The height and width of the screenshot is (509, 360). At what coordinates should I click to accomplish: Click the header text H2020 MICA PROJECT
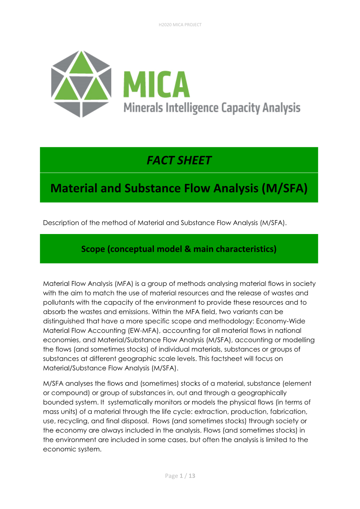click(180, 25)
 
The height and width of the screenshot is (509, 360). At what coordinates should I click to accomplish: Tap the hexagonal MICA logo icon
click(81, 84)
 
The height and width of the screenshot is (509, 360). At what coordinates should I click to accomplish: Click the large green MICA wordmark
click(156, 84)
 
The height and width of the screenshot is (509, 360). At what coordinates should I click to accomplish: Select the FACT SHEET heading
click(179, 160)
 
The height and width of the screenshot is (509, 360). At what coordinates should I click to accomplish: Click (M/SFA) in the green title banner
click(284, 188)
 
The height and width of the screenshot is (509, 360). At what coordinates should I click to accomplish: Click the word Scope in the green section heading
click(93, 249)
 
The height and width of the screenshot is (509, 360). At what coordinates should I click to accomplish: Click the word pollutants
click(59, 303)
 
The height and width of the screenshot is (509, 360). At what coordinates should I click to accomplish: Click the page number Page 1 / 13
click(180, 476)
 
